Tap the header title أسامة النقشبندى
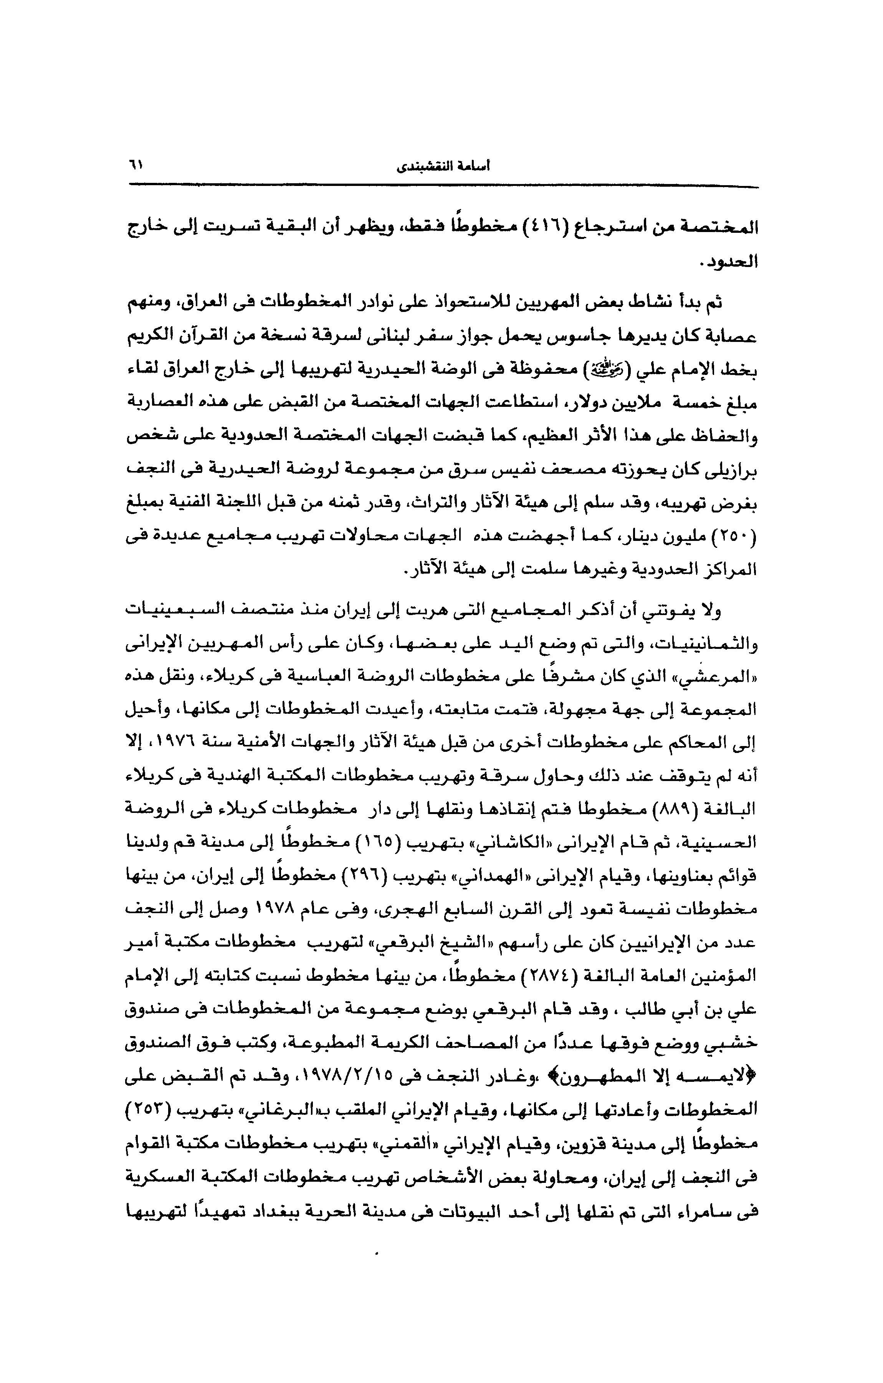point(444,167)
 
